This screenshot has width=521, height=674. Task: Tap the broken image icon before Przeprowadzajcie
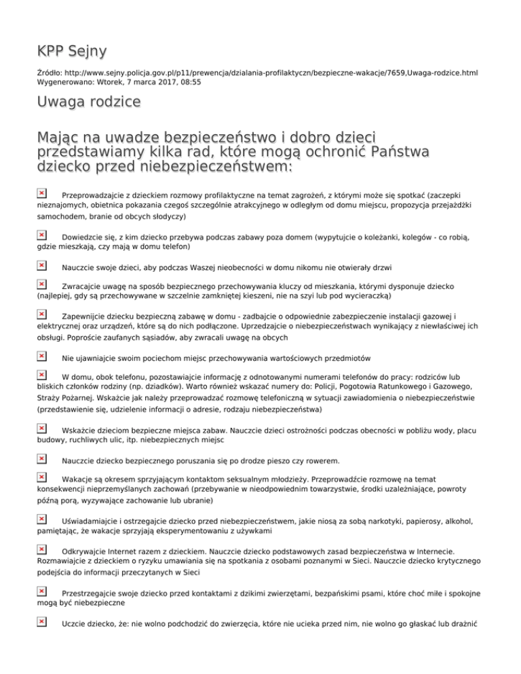pyautogui.click(x=41, y=195)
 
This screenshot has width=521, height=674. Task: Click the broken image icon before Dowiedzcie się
pyautogui.click(x=41, y=235)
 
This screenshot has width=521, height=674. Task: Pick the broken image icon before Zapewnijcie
pyautogui.click(x=41, y=315)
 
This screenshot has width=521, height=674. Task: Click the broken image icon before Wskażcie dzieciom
pyautogui.click(x=41, y=429)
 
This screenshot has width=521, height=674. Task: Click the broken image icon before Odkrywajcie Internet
pyautogui.click(x=41, y=552)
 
